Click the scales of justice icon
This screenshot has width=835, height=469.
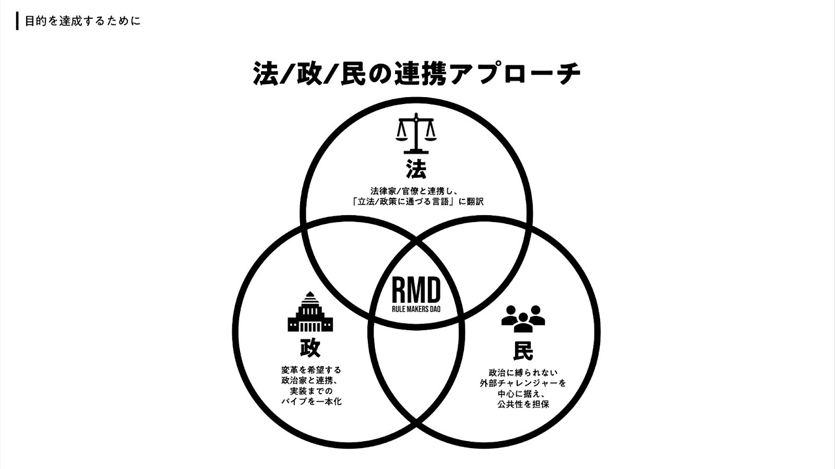(416, 134)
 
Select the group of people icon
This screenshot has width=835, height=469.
(523, 318)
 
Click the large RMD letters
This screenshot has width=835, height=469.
(416, 290)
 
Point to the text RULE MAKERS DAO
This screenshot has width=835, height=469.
(416, 309)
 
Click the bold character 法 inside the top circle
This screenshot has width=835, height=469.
(416, 169)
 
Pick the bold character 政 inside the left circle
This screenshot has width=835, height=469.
(310, 347)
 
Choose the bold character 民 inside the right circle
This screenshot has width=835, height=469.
(523, 350)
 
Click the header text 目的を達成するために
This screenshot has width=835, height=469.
(82, 21)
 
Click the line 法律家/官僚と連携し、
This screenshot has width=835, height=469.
(416, 191)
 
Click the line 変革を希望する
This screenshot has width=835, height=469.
(311, 370)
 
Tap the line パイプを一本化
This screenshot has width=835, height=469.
(311, 402)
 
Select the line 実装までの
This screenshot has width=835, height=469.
(311, 391)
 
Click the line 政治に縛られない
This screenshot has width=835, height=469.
(523, 372)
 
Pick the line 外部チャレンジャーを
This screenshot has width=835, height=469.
(523, 383)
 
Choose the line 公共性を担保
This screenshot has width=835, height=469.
(523, 404)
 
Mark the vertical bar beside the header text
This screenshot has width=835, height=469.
(18, 21)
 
